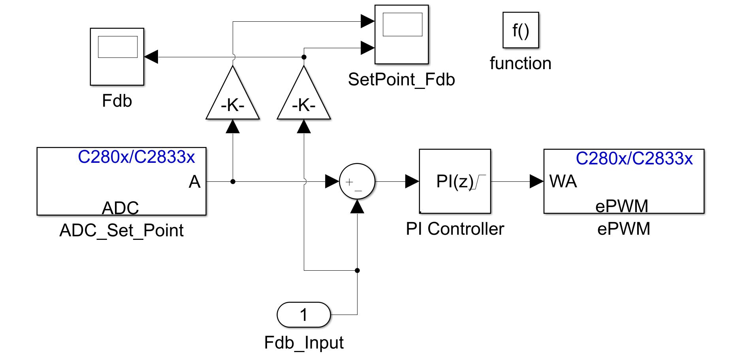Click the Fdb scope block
tap(117, 57)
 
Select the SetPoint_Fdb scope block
tap(401, 34)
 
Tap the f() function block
tap(520, 30)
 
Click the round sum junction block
tap(357, 181)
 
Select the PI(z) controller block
tap(455, 181)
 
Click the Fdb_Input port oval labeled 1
tap(304, 315)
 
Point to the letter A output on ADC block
tap(194, 182)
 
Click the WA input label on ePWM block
tap(563, 181)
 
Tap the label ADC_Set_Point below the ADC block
tap(121, 230)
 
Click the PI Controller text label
tap(455, 229)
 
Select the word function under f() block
tap(520, 63)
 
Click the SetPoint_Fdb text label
tap(401, 79)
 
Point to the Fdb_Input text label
tap(304, 342)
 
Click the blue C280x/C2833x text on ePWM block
tap(634, 158)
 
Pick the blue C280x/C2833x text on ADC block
tap(136, 157)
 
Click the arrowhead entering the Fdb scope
tap(151, 57)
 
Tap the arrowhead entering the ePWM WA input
tap(536, 181)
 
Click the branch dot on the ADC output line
tap(233, 181)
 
